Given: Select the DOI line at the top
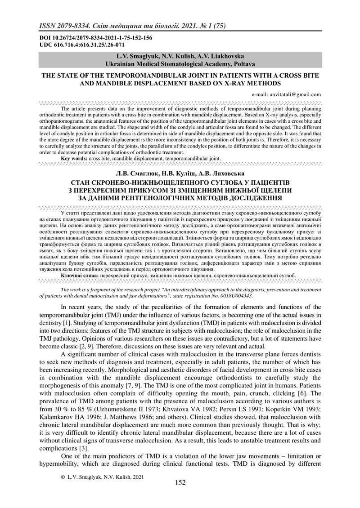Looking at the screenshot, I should (x=95, y=38).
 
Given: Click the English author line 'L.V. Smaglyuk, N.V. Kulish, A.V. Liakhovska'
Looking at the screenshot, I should (x=180, y=57).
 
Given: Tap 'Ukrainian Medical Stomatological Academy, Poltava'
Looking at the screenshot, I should (x=180, y=64).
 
